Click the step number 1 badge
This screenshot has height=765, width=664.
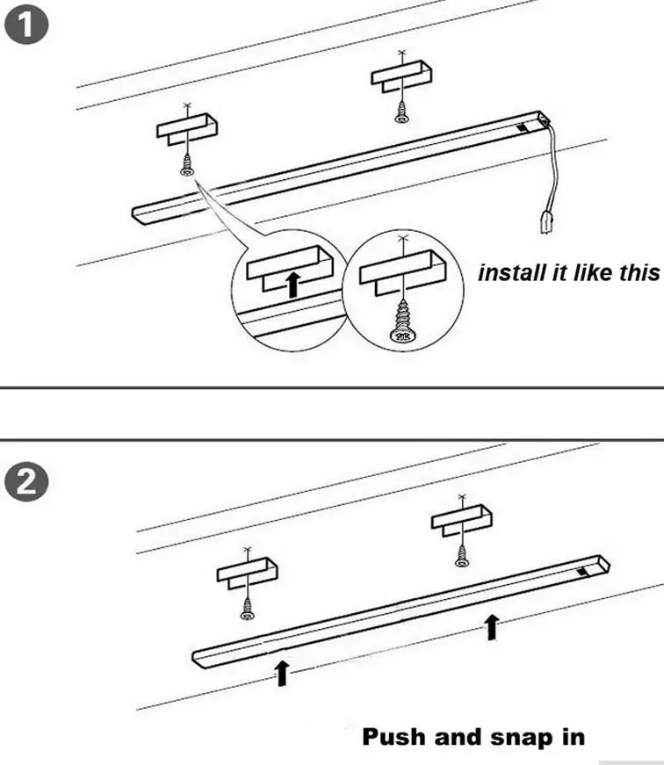(x=23, y=23)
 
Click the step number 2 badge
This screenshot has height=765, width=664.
(x=23, y=484)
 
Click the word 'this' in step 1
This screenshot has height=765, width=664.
(x=638, y=272)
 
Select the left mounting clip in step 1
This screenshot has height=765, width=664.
(x=186, y=129)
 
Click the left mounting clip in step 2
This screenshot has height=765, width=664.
(x=248, y=573)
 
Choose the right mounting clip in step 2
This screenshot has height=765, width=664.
(x=460, y=519)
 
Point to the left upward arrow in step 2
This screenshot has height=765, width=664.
(x=282, y=673)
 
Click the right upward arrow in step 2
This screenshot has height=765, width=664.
(x=492, y=627)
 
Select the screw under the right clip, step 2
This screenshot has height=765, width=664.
(x=461, y=554)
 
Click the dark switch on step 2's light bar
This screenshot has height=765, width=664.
(x=583, y=572)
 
